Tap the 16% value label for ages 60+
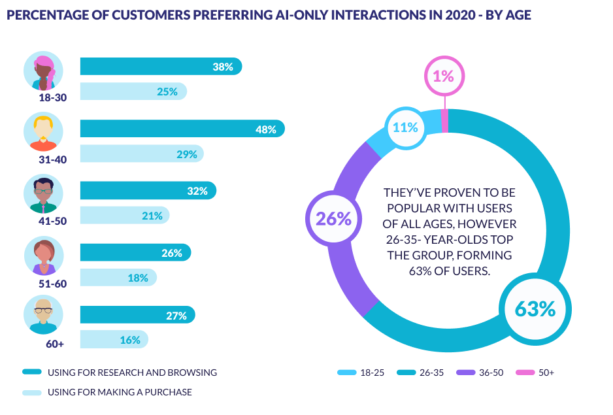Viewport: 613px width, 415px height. pyautogui.click(x=130, y=340)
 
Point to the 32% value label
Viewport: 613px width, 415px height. pyautogui.click(x=197, y=191)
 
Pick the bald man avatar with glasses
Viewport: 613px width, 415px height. pyautogui.click(x=44, y=316)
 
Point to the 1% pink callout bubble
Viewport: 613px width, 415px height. pyautogui.click(x=444, y=76)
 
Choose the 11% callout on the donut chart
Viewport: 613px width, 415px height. pyautogui.click(x=405, y=127)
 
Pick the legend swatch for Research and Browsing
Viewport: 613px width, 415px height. pyautogui.click(x=32, y=373)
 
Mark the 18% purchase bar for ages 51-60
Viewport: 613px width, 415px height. pyautogui.click(x=118, y=278)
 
